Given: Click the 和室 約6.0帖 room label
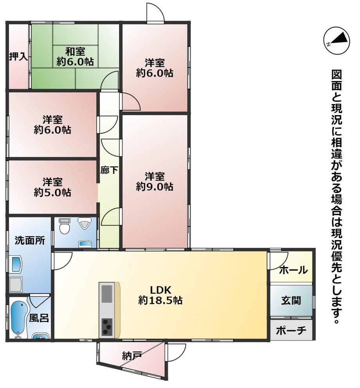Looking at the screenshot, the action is point(75,57).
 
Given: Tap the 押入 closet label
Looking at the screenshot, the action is point(18,57).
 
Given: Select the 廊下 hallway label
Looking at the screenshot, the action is point(109,170).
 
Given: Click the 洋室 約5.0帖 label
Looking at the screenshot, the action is point(52,187).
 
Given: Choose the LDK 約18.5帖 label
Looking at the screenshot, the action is point(160,295).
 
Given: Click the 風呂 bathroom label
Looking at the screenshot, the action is point(39,318).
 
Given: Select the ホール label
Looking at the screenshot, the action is point(293,270).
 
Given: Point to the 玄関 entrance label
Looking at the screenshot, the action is point(291,300).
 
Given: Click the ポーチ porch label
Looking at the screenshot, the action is point(291,331).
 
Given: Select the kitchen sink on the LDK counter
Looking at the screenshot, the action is point(107,294).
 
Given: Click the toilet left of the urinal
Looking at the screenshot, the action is point(65,226).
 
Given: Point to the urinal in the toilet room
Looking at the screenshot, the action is point(83,223).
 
